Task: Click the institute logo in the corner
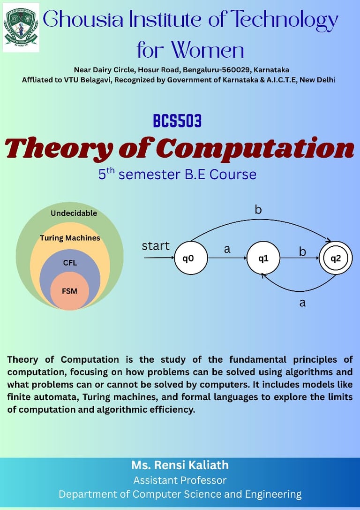point(21,28)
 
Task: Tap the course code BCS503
point(177,121)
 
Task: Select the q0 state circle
point(191,258)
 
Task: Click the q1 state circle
point(263,258)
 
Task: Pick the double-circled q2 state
point(336,258)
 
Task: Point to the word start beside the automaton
point(156,246)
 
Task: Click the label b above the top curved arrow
point(258,209)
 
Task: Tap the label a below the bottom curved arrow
point(302,303)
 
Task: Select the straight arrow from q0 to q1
point(227,258)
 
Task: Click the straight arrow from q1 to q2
point(300,258)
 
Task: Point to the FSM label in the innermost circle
point(69,291)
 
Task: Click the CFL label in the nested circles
point(70,263)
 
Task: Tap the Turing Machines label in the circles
point(70,238)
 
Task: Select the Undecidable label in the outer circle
point(74,213)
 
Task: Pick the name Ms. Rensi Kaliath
point(180,465)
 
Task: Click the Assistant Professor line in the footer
point(180,480)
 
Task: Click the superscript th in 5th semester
point(111,171)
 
